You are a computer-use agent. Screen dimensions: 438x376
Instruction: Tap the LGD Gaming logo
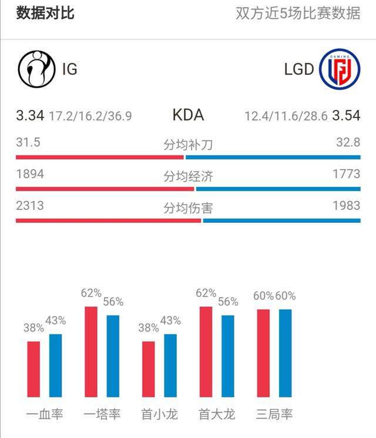340,69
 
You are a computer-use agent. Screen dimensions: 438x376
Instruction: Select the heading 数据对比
45,13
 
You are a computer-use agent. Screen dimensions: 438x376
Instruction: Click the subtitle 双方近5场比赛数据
298,14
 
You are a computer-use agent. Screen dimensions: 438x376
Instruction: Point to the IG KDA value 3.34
30,115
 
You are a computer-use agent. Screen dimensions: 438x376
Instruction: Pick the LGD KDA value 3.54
346,115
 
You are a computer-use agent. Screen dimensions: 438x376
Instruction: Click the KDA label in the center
188,115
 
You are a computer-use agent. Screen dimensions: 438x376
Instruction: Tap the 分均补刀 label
188,145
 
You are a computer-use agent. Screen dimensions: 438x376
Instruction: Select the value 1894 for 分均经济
30,175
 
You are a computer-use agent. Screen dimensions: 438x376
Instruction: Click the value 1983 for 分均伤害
346,206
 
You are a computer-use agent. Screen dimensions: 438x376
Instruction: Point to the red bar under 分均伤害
108,220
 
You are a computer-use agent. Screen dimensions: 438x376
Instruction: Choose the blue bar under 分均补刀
273,157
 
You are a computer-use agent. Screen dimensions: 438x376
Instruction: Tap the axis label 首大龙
217,414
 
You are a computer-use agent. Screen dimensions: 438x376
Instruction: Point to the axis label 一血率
45,414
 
